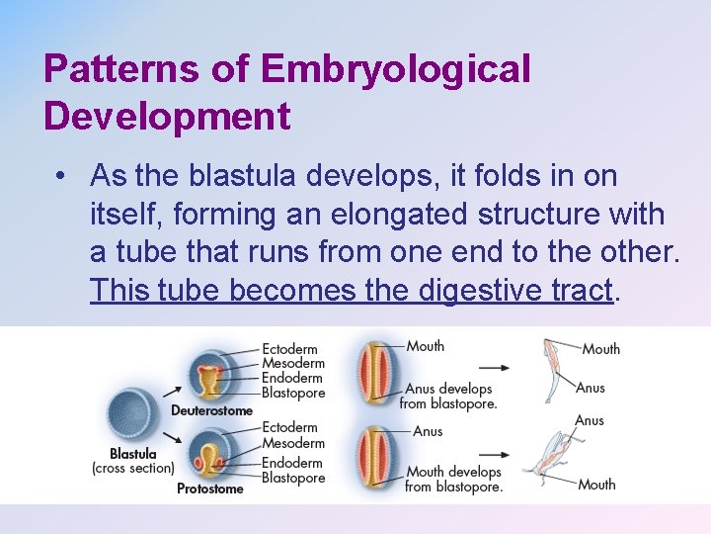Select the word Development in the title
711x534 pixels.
(167, 116)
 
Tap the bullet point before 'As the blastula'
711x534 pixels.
(61, 177)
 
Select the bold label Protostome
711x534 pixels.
(209, 489)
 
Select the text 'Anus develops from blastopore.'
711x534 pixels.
(447, 396)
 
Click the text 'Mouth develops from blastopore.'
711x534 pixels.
(453, 479)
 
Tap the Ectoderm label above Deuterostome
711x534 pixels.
(289, 348)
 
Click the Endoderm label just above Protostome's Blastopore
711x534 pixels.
(292, 463)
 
